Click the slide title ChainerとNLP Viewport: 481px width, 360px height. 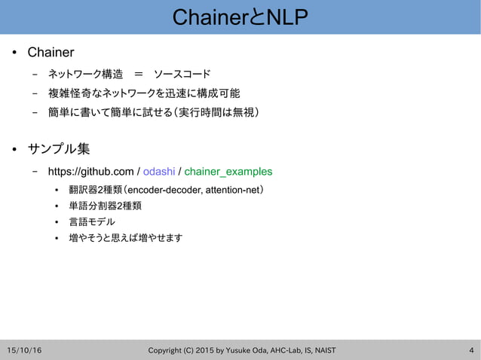[240, 17]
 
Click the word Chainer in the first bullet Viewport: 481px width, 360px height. [51, 53]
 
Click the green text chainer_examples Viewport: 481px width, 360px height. [228, 171]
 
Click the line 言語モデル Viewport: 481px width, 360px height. [91, 221]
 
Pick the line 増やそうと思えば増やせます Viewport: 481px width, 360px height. [125, 238]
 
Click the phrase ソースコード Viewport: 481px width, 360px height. [182, 74]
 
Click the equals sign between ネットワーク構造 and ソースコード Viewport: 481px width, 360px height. [138, 74]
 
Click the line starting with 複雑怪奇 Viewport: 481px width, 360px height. [143, 93]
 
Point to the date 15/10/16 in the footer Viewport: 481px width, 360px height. [24, 350]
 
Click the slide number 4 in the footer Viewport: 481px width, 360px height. [471, 350]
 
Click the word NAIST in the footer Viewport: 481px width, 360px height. [322, 350]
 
